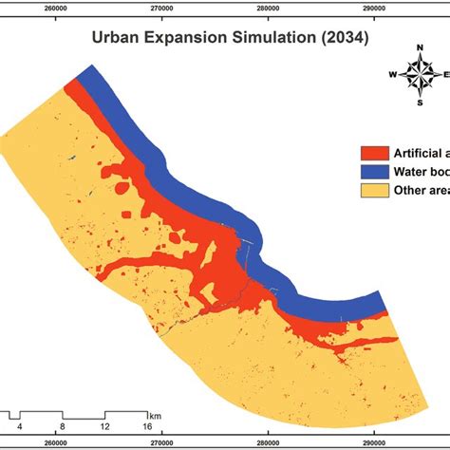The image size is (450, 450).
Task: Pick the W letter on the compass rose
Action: coord(391,74)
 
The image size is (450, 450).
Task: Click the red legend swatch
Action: coord(372,151)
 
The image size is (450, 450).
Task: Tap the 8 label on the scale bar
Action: coord(62,426)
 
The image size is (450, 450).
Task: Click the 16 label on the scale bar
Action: coord(149,426)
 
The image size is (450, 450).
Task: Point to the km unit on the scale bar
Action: coord(154,415)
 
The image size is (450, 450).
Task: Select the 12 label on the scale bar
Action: coord(105,426)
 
